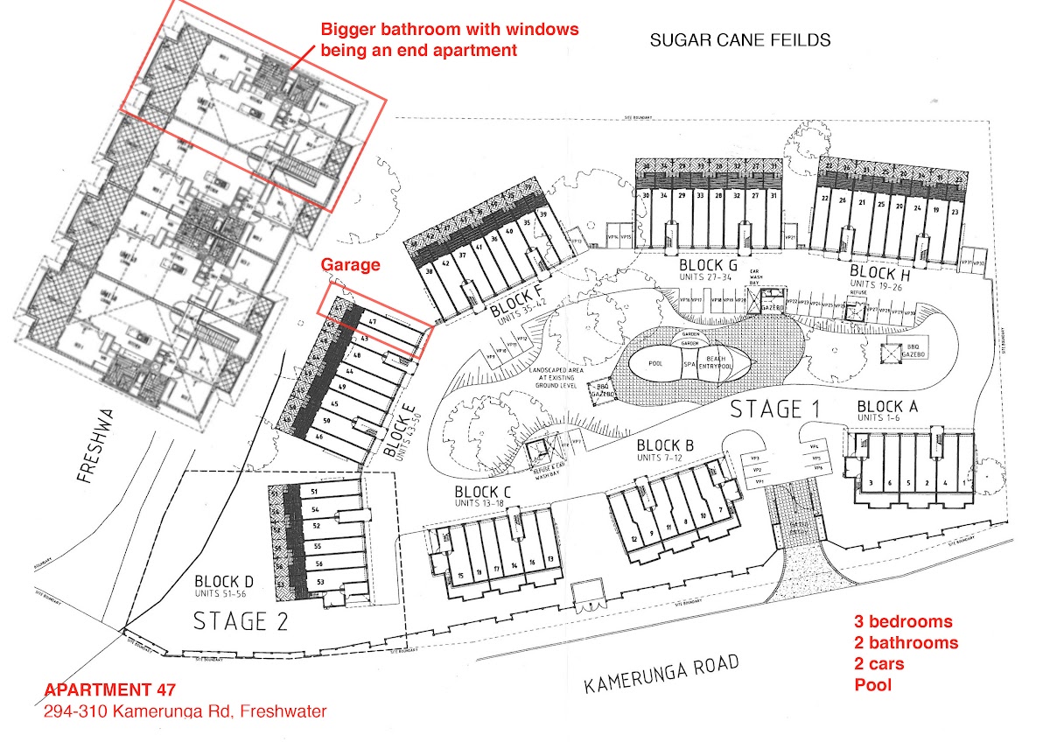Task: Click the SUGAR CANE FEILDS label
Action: pos(739,40)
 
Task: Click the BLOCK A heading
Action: pos(887,407)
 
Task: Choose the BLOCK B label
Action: pos(665,446)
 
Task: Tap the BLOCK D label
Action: pos(224,581)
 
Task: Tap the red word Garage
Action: pos(350,264)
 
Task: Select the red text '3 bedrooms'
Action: pos(903,622)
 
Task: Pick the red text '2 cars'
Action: pos(879,664)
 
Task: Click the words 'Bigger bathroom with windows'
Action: pos(450,29)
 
